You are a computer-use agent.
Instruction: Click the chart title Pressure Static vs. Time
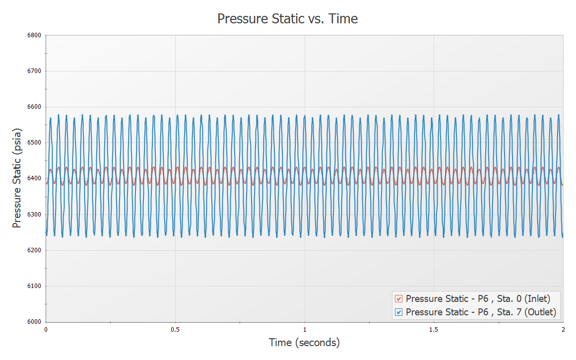288,19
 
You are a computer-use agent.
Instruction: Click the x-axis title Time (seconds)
304,343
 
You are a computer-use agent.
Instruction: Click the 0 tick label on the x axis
46,329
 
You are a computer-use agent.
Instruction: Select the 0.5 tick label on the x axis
175,329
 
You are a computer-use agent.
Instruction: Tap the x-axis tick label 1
305,329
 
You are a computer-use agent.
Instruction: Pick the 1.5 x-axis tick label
434,329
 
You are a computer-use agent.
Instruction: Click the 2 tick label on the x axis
563,329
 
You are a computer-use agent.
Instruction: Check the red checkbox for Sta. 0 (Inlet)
398,299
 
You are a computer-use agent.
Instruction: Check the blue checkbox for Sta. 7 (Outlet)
398,312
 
